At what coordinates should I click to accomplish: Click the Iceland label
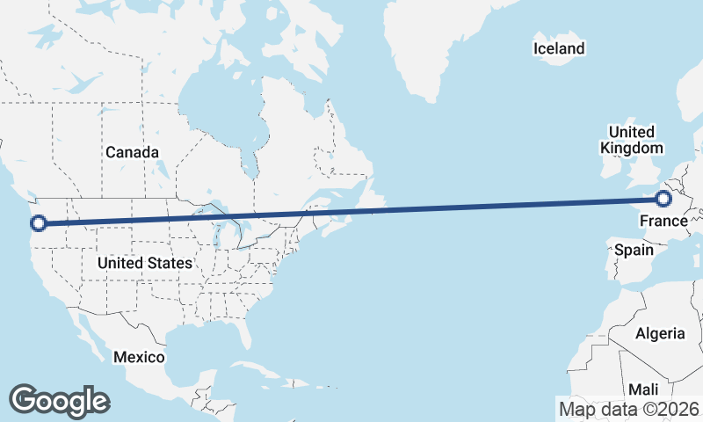[559, 48]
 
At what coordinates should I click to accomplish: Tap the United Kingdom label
[631, 140]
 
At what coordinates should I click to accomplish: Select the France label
[663, 220]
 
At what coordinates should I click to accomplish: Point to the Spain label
[634, 250]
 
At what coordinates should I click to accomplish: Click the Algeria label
[660, 333]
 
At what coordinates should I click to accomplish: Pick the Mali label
[642, 389]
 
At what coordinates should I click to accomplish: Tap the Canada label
[132, 152]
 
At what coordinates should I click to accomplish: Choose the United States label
[145, 263]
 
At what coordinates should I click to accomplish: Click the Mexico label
[139, 357]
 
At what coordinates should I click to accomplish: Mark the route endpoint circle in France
[664, 200]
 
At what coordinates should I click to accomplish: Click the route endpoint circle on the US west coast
[37, 223]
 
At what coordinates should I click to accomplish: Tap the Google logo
[59, 400]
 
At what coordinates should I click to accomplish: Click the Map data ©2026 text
[629, 409]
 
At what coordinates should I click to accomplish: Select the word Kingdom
[631, 149]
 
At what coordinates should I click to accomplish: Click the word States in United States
[170, 263]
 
